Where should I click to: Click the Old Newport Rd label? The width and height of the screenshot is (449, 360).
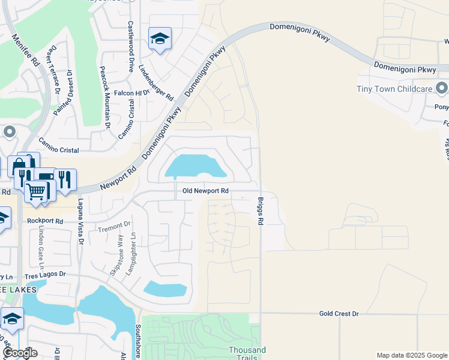click(x=205, y=191)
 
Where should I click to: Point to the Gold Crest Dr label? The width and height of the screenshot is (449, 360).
click(x=339, y=314)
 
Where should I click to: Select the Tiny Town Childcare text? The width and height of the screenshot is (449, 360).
click(x=394, y=89)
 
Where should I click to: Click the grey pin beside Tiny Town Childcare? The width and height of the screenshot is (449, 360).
click(x=442, y=89)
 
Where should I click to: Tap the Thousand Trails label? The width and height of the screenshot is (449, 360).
click(x=247, y=353)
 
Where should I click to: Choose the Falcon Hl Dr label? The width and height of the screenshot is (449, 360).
click(x=131, y=94)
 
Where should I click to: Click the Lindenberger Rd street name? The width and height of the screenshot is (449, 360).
click(x=155, y=83)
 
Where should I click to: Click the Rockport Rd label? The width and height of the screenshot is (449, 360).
click(x=45, y=221)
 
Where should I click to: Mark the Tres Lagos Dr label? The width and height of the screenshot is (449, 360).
click(x=45, y=274)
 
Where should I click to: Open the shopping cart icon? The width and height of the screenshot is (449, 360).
click(x=36, y=192)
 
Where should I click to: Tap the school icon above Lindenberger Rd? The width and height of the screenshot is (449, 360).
click(x=160, y=39)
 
